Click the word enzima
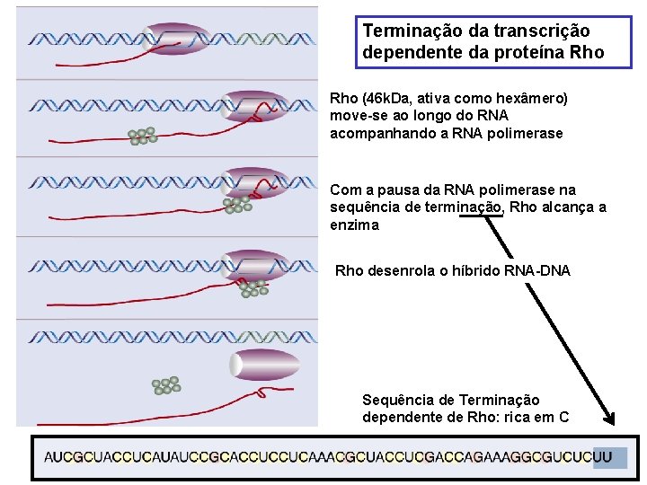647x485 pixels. click(355, 225)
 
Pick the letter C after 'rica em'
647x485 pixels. click(563, 417)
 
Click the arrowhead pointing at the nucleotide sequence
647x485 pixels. click(608, 418)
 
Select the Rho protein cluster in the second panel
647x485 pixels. click(142, 136)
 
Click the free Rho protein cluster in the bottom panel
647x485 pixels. click(166, 384)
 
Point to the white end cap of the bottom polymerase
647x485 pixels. click(236, 365)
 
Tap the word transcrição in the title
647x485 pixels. click(536, 31)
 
